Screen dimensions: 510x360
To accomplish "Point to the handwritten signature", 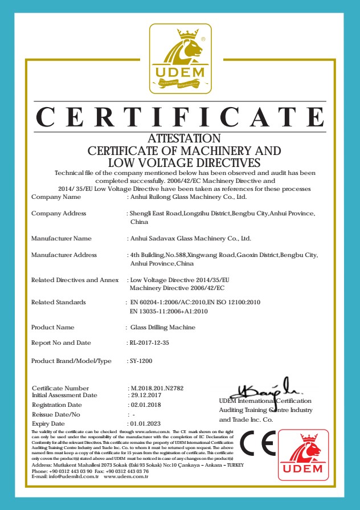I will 264,389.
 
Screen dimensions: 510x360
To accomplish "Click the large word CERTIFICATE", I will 179,117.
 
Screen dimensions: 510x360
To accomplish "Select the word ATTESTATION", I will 184,138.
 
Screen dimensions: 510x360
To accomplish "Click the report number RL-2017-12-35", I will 149,343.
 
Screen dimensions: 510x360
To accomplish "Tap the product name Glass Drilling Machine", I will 162,328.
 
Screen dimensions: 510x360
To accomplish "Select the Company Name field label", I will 56,197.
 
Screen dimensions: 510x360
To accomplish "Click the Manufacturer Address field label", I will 64,255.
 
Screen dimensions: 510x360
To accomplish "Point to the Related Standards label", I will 59,302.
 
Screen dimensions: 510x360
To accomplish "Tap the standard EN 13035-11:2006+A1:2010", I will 169,312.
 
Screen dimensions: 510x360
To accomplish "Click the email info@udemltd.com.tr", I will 66,476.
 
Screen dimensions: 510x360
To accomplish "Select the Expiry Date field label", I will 48,424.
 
